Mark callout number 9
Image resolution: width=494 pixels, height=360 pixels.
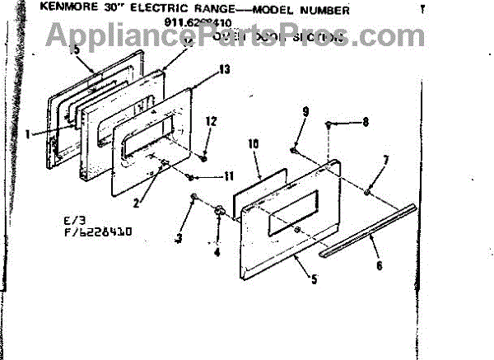point(305,111)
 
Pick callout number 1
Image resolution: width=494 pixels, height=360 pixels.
point(28,131)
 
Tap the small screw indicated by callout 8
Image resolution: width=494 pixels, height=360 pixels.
point(329,124)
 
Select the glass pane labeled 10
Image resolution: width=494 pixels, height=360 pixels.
point(259,189)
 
